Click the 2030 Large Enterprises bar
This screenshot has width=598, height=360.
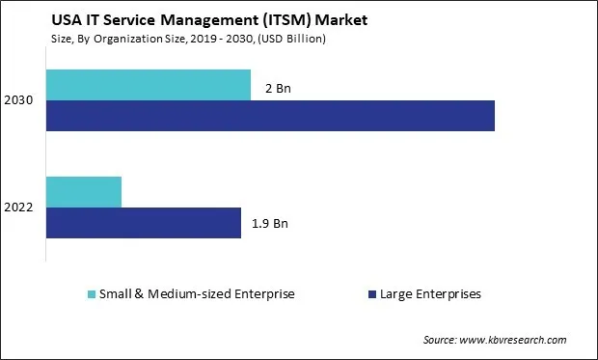point(270,116)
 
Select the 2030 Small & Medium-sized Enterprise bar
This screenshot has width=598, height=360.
point(148,85)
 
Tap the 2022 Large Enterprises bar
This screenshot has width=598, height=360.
point(143,223)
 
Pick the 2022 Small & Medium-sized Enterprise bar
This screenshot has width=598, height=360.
point(84,192)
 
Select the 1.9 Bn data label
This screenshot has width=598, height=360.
point(270,224)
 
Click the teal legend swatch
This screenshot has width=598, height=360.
point(93,293)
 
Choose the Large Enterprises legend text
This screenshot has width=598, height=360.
point(431,293)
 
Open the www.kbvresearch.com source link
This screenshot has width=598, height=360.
point(513,341)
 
